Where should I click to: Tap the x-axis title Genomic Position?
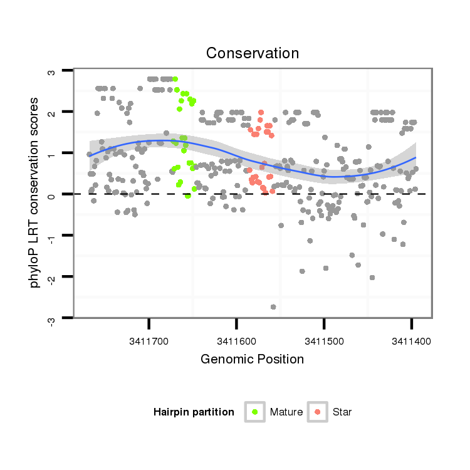(252, 359)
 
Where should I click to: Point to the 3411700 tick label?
(149, 342)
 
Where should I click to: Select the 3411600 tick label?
(236, 342)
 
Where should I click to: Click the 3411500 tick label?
(323, 342)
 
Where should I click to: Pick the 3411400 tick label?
(410, 342)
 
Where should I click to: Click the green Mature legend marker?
(255, 412)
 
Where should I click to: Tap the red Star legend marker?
(318, 412)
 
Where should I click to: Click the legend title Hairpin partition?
(194, 412)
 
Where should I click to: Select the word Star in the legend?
(342, 412)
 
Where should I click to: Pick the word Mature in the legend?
(286, 412)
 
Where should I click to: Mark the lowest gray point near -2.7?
(273, 306)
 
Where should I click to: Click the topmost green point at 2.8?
(175, 79)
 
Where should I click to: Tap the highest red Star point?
(261, 112)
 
